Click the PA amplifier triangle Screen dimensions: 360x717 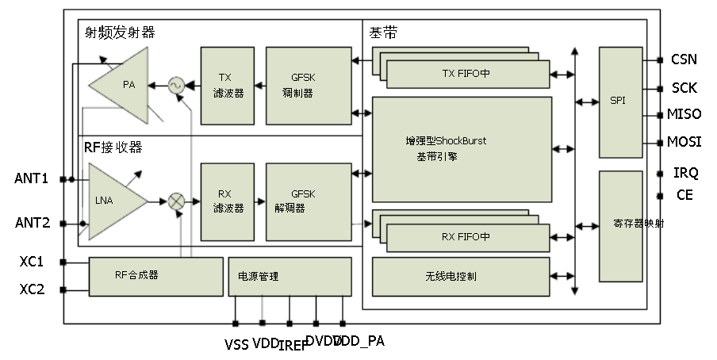123,84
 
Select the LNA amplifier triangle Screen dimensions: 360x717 111,201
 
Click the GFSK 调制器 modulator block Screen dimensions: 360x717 308,85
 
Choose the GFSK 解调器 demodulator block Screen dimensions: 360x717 308,201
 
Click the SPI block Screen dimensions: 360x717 619,101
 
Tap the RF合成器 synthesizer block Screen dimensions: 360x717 155,276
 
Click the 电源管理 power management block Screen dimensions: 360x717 289,276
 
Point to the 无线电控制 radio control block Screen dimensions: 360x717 460,276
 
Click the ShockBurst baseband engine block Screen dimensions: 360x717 462,149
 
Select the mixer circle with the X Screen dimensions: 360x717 176,201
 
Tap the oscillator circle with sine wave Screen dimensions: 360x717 175,84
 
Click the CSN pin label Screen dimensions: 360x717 684,59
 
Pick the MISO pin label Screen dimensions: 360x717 684,114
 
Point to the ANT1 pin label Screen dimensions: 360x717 32,179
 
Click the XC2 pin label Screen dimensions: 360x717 32,289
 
